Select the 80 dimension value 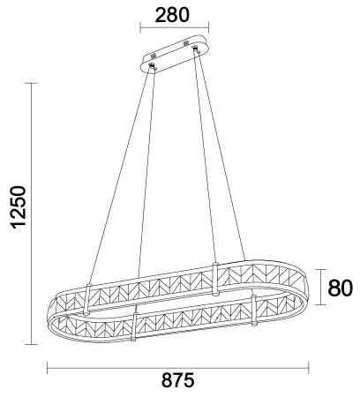[x=341, y=288]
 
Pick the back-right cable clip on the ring [x=214, y=275]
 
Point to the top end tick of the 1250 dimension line [x=33, y=83]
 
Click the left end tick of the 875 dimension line [x=46, y=367]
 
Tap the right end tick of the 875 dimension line [x=311, y=367]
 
